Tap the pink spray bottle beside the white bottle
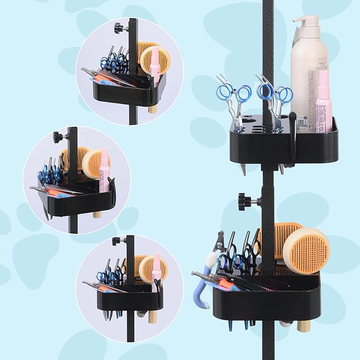pyautogui.click(x=323, y=101)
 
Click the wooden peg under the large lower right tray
pyautogui.click(x=304, y=325)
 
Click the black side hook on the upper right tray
pyautogui.click(x=292, y=138)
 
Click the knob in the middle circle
pyautogui.click(x=58, y=137)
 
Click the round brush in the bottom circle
pyautogui.click(x=153, y=269)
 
